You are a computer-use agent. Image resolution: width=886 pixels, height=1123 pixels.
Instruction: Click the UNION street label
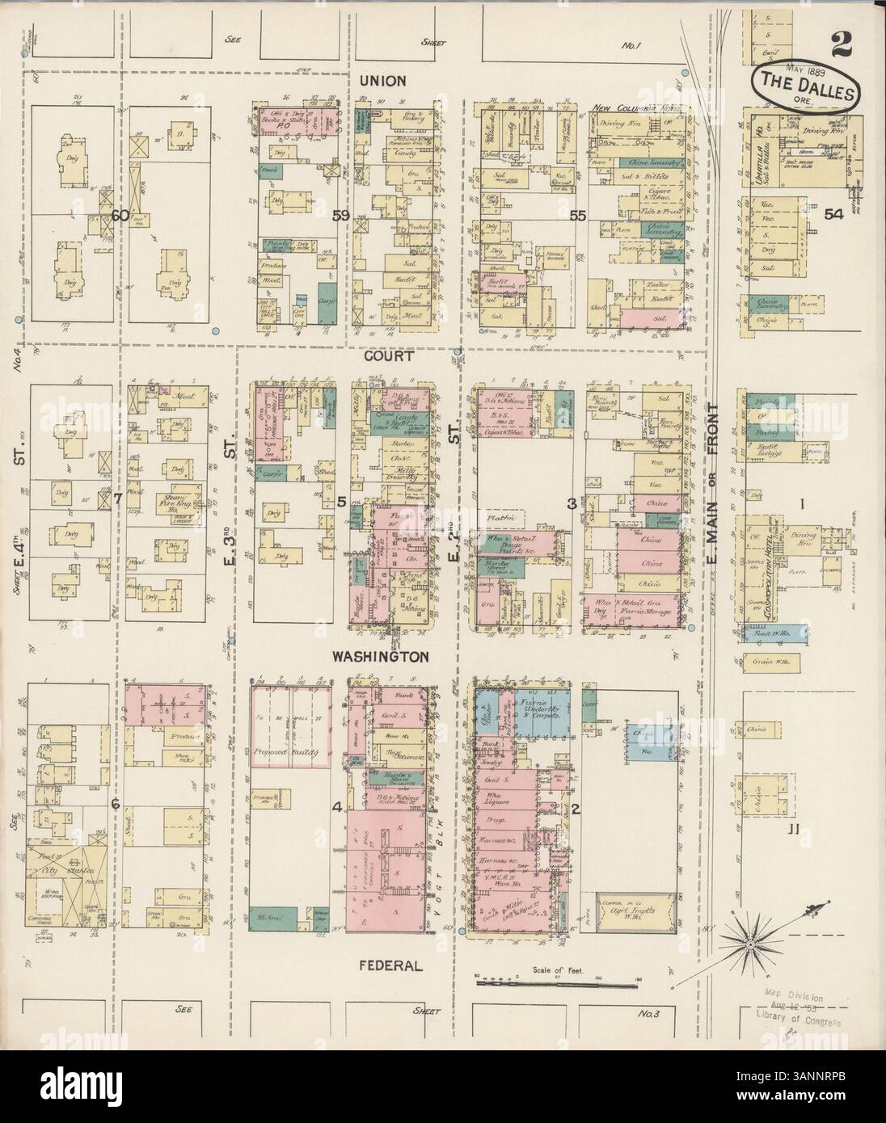coord(382,82)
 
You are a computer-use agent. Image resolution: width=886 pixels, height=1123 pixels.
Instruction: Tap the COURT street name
coord(388,355)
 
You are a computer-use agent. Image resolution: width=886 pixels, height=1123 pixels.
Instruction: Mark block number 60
coord(121,216)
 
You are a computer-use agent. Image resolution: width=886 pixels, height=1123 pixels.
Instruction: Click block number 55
coord(577,216)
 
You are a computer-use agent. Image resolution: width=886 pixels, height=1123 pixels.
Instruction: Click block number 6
coord(116,805)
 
